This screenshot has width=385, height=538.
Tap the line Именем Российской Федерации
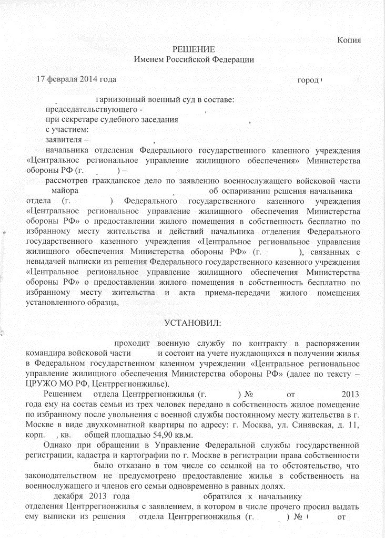pos(194,60)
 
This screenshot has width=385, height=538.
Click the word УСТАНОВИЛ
pos(193,322)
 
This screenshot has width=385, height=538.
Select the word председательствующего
pos(92,110)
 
